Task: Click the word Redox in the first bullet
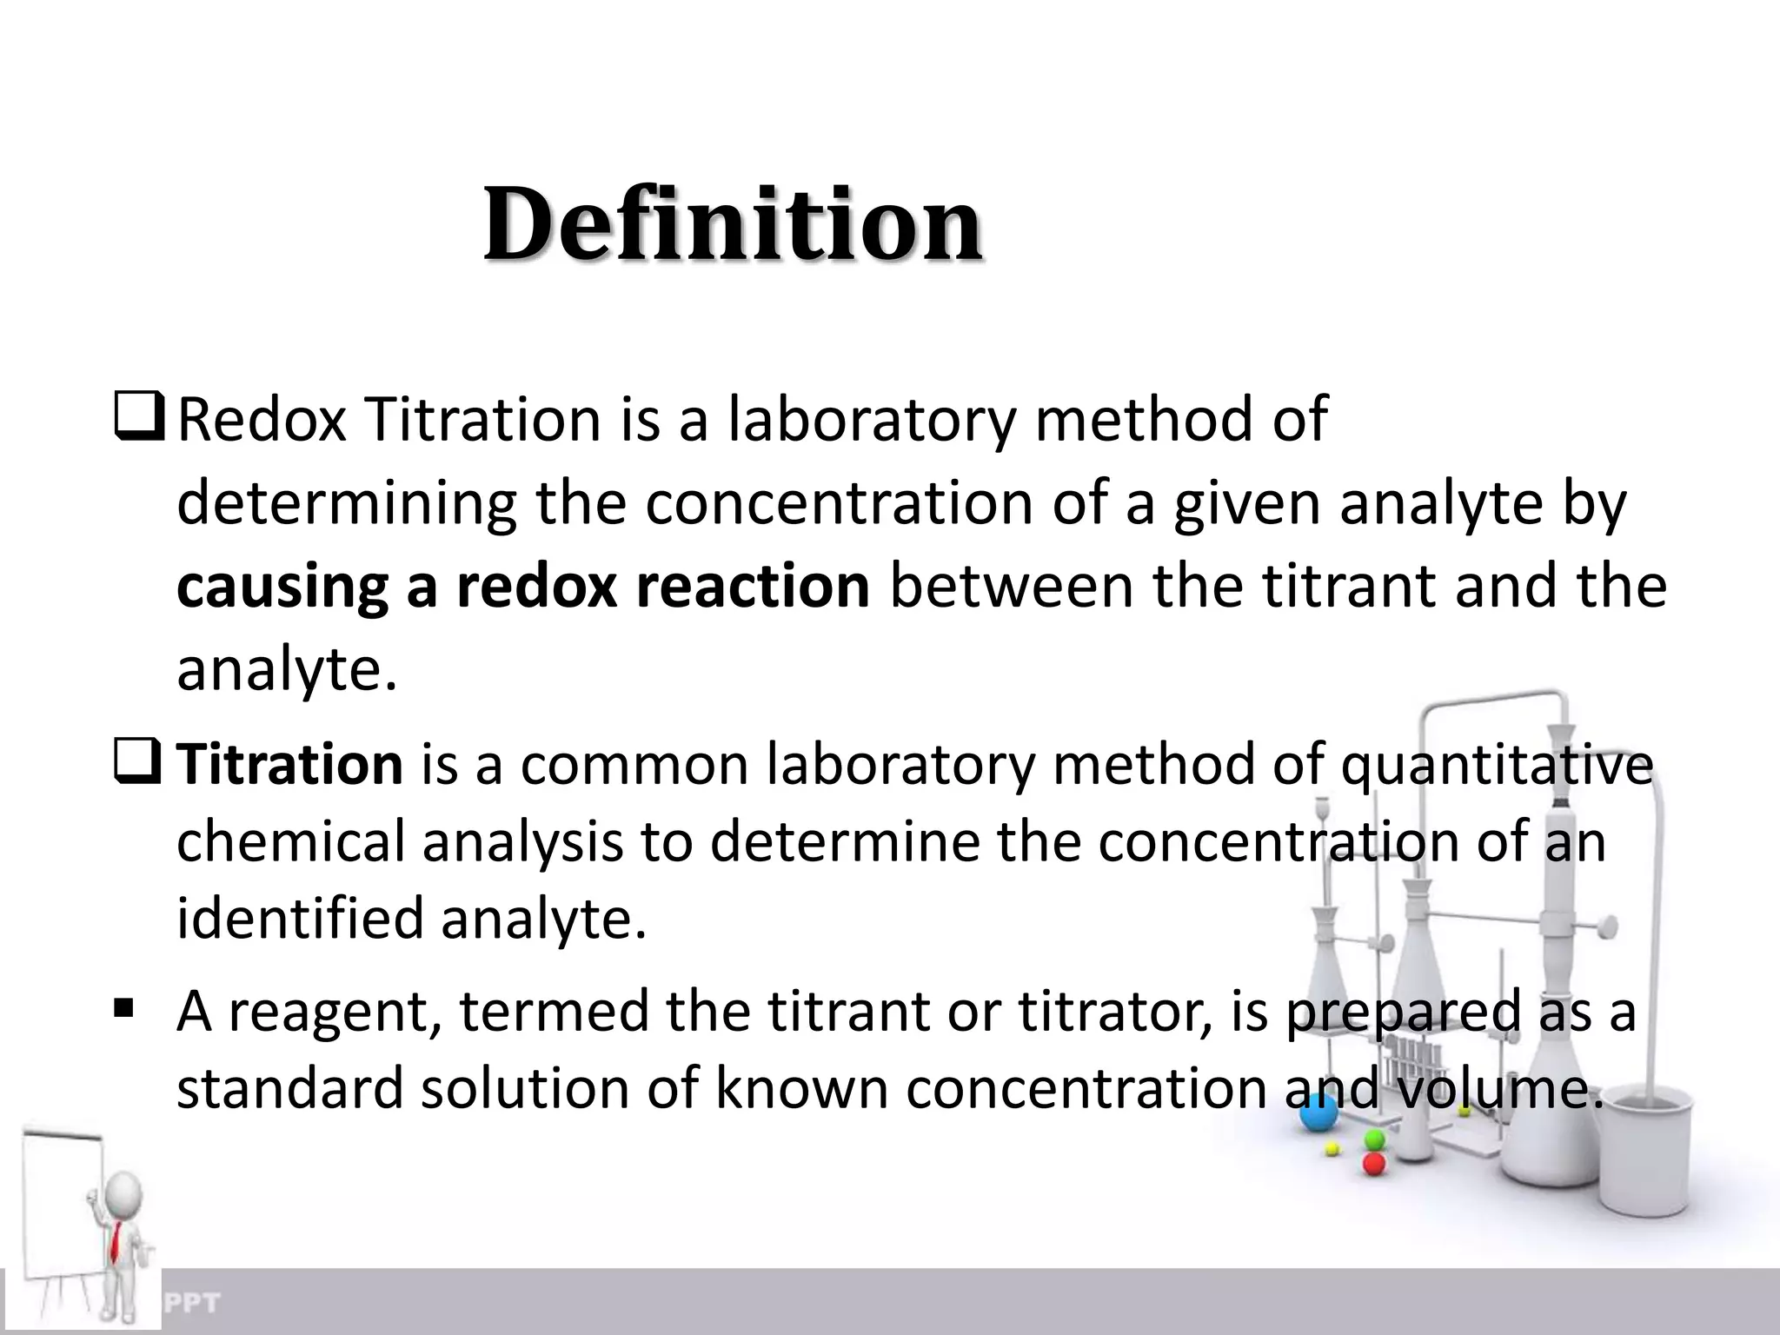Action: point(261,420)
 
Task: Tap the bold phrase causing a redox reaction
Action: point(522,587)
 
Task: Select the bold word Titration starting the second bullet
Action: point(289,764)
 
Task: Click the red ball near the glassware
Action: point(1374,1164)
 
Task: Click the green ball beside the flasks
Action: point(1374,1139)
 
